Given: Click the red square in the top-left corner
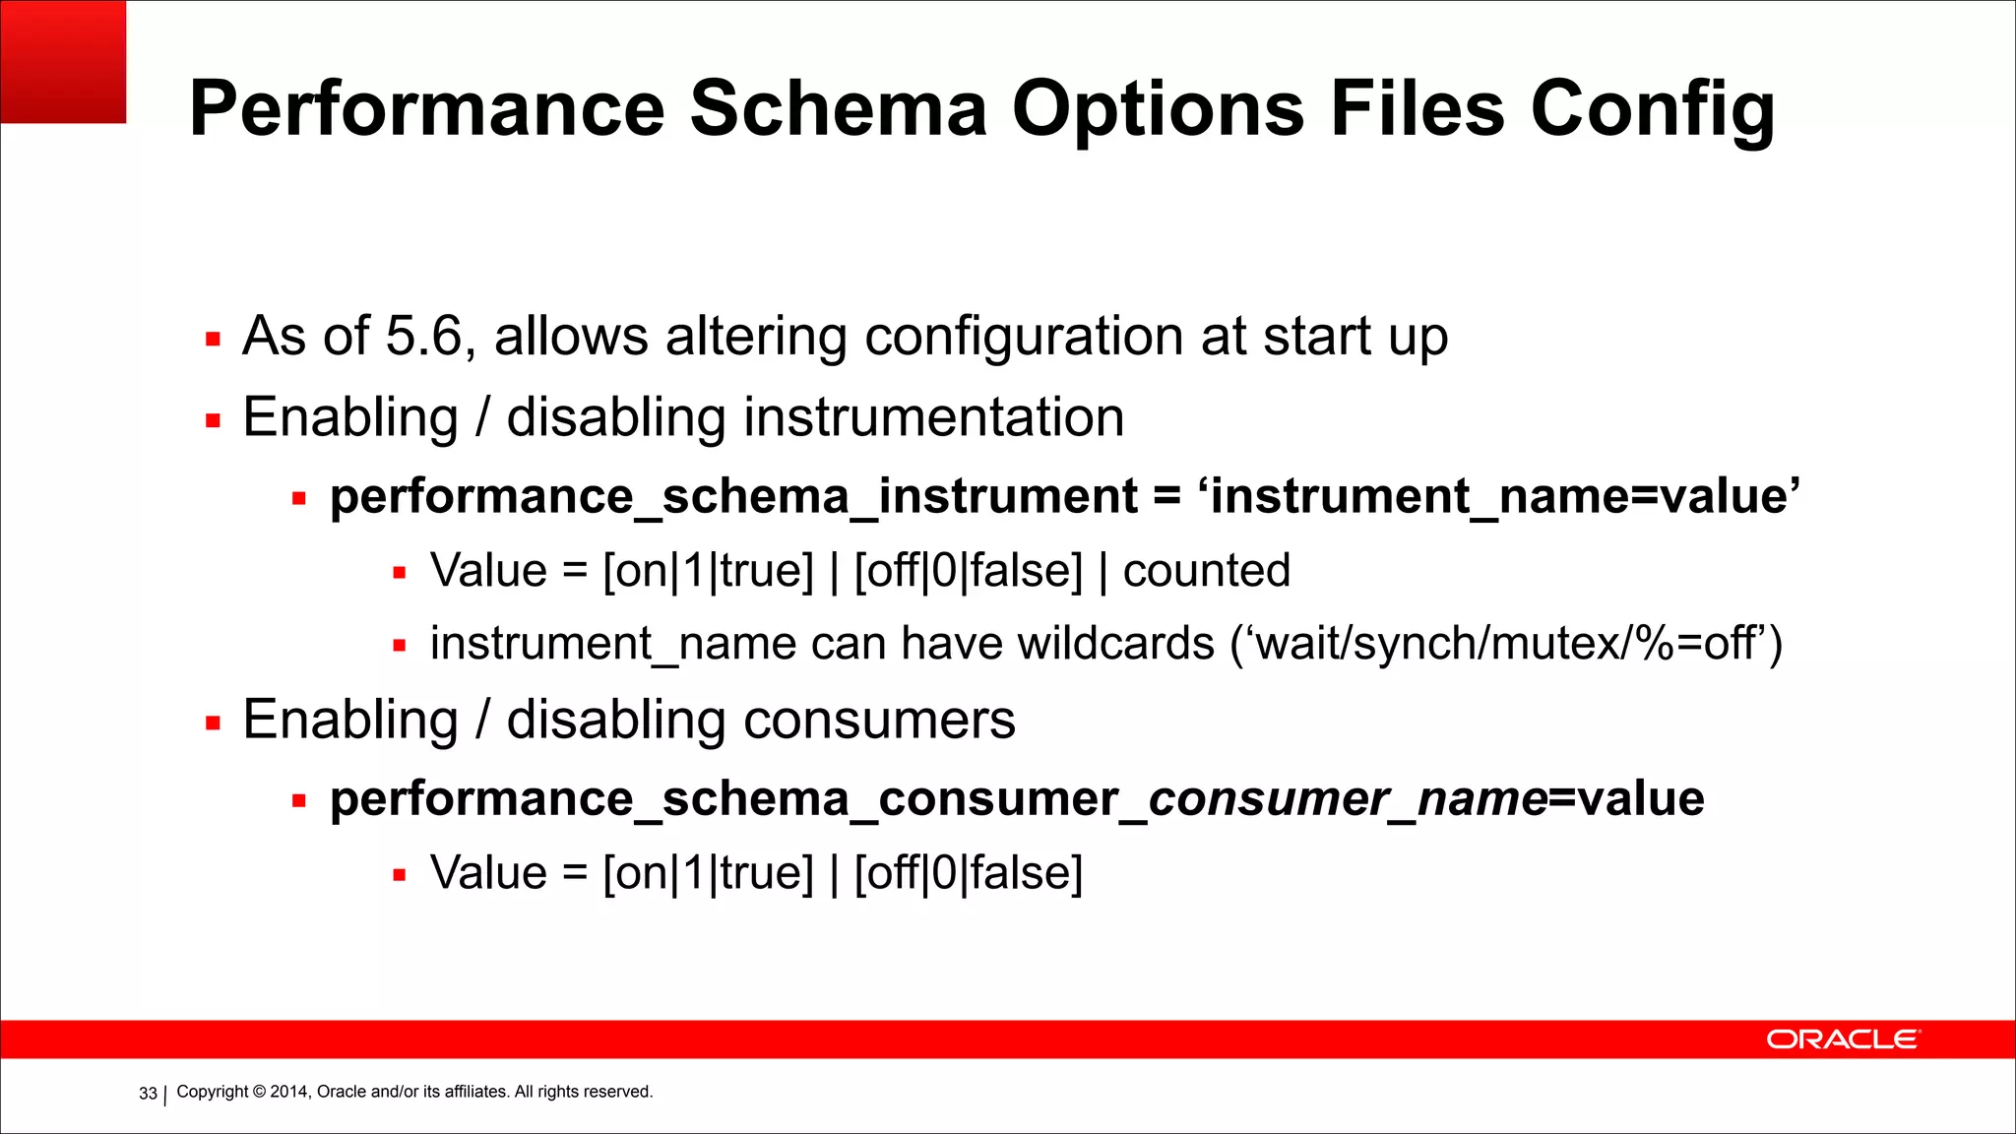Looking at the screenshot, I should [63, 61].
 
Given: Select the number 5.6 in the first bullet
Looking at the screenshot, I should [423, 337].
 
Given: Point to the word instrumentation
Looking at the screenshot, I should [933, 417].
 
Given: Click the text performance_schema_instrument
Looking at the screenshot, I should [733, 496].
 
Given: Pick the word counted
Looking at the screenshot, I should [1206, 571].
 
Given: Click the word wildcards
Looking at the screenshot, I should [1115, 644].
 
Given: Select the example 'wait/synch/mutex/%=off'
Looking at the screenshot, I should [1506, 644].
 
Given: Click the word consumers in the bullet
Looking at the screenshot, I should [879, 720].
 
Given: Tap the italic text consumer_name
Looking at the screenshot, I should [1348, 798].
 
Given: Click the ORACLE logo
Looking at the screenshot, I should [1842, 1039].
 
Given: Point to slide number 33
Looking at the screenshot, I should [148, 1094].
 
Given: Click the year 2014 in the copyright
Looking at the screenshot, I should [289, 1092].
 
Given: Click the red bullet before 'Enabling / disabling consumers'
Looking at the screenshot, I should [213, 724].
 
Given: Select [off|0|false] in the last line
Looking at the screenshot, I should [968, 873].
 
